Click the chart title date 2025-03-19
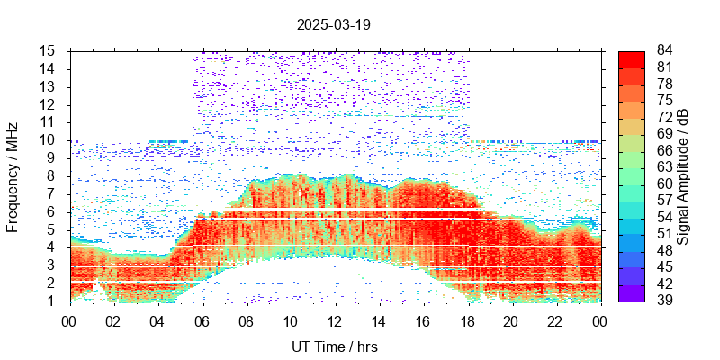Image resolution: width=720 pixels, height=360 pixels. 333,25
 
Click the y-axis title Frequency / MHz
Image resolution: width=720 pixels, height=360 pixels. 13,175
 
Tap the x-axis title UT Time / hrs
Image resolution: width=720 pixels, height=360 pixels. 333,346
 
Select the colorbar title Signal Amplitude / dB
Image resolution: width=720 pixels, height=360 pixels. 684,175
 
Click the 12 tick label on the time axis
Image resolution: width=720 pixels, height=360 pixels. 335,319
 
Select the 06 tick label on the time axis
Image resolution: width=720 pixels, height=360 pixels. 202,319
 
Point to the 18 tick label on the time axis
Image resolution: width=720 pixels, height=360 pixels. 467,319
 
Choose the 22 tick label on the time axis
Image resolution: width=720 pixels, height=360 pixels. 555,319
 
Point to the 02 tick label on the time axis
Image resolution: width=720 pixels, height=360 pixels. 114,319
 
